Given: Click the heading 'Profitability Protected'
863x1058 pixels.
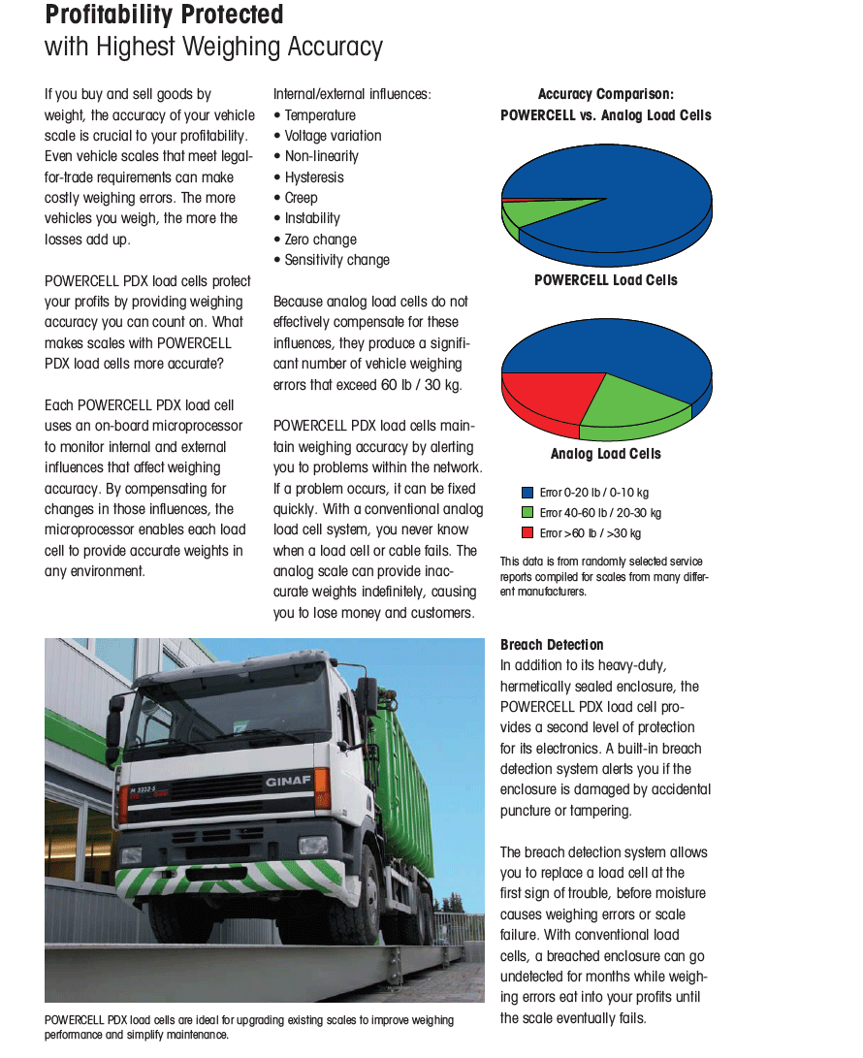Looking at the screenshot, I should (164, 16).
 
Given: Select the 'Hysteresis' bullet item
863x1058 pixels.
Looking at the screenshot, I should (313, 177).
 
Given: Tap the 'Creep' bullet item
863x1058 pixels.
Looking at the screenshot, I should (301, 198).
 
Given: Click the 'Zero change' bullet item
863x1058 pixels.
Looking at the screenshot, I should (320, 240).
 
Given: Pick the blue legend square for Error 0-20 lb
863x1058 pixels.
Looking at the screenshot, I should (527, 493).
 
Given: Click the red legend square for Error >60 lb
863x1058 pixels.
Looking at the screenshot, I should (527, 533).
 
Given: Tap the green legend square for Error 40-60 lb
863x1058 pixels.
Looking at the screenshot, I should (527, 513).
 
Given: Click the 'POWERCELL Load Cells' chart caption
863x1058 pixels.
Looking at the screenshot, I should (606, 280).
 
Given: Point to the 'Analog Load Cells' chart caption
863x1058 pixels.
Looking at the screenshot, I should (606, 454).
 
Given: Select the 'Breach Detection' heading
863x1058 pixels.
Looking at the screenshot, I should (552, 645).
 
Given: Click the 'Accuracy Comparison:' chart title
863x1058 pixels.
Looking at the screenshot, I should (606, 94).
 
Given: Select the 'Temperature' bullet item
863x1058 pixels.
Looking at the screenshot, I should (319, 115).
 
